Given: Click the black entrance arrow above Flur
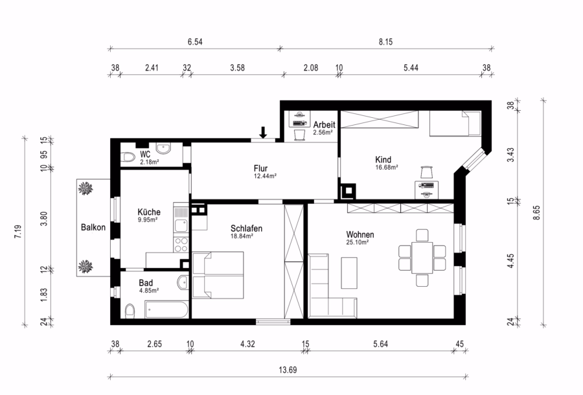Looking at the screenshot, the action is coord(263,133).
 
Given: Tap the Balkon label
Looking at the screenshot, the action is coord(93,227).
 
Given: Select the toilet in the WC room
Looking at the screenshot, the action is coord(128,157).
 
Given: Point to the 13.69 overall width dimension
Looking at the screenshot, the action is coord(288,370).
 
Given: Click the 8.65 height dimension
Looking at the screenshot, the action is coord(536,213).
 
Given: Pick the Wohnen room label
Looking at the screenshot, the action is coord(360,234).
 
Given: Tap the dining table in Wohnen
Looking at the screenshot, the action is coord(422,258).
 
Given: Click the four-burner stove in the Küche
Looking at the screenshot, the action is coord(181,244).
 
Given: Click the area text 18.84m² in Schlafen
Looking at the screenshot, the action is coord(242,236).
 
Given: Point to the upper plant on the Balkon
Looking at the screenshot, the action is coord(86,188).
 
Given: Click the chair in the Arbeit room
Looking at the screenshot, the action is coord(300,135).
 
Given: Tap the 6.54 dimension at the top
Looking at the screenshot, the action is coord(195,41).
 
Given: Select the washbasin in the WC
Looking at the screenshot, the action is coord(164,148).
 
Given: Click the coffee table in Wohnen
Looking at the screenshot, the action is coord(349,273).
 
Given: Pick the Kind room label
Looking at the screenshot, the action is coord(383,159).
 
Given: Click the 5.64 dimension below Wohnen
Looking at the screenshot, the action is coord(381,344).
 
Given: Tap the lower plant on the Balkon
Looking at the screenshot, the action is coord(86,266).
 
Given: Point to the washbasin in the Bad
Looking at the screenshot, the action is coord(183,282).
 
